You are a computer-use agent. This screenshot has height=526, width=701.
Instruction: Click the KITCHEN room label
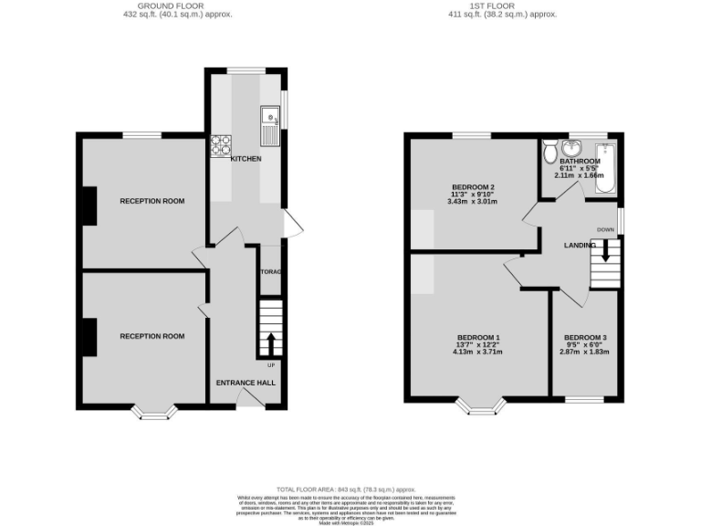pos(246,159)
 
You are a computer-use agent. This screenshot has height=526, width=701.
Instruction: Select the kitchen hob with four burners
pos(221,144)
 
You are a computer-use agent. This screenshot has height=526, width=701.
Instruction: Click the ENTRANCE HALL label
pos(246,383)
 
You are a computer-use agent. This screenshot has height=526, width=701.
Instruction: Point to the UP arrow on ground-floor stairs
pos(270,344)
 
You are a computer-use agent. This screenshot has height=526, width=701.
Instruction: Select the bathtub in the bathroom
pos(605,169)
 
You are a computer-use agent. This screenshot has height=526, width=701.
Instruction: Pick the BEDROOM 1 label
pos(478,338)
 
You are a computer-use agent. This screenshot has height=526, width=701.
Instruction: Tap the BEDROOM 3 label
pos(584,338)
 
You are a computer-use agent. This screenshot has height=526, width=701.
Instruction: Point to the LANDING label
pos(580,245)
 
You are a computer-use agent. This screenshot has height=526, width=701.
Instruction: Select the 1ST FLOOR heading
pos(489,5)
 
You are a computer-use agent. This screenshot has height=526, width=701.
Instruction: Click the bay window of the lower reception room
pos(154,412)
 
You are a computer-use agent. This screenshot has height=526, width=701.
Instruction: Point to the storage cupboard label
pos(271,273)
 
